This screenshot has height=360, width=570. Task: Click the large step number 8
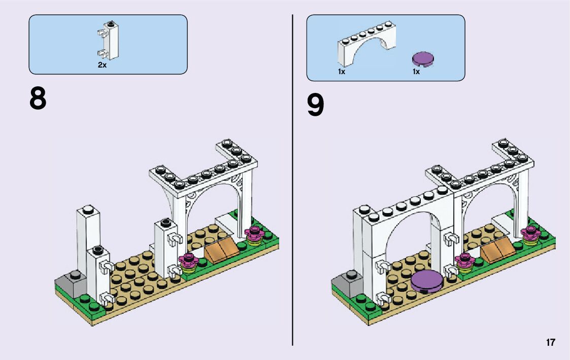(x=38, y=99)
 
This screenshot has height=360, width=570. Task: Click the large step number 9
(x=315, y=106)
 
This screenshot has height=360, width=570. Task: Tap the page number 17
(x=550, y=343)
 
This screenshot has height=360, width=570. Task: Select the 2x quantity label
(x=102, y=66)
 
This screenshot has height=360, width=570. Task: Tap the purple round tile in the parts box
(x=422, y=60)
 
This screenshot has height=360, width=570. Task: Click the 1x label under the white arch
(x=342, y=72)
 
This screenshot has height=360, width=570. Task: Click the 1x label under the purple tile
(x=416, y=72)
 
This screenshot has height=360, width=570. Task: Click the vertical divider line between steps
(x=293, y=203)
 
